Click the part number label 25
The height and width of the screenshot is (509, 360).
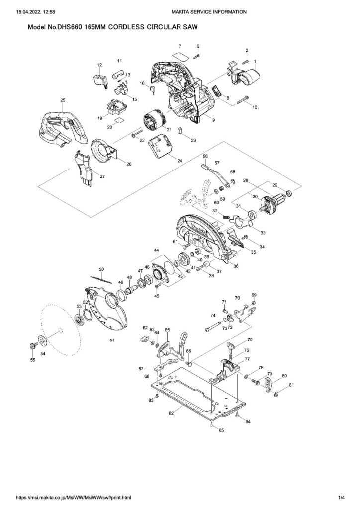coord(63,100)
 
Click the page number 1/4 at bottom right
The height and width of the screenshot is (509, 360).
coord(341,497)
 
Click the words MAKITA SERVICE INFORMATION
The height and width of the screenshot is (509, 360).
coord(207,11)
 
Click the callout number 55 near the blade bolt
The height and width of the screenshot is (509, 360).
coord(33,361)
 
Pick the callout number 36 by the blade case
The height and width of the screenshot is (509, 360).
coord(236,266)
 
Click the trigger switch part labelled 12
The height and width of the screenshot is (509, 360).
coord(100,79)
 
